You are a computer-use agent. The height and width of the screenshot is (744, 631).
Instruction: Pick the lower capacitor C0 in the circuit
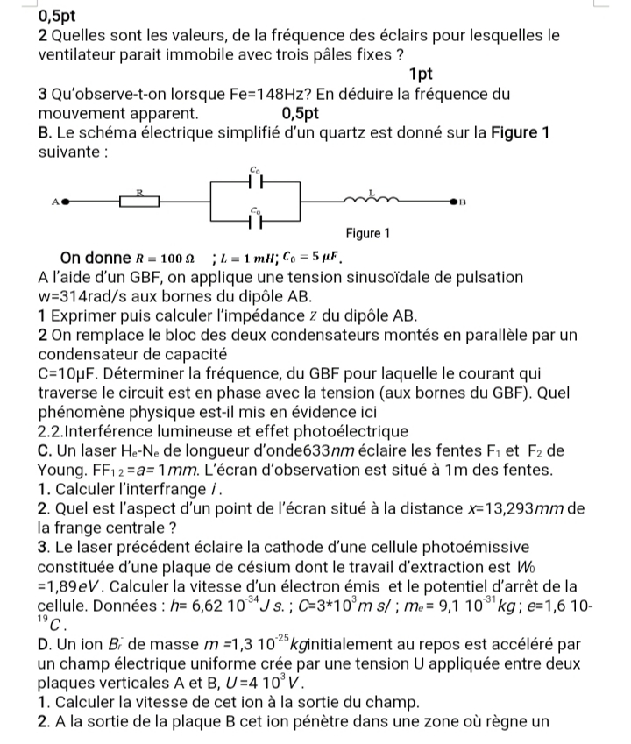point(254,221)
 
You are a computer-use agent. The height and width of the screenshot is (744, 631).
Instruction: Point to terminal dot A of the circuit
point(63,200)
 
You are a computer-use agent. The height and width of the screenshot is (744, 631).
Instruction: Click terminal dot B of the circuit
point(454,201)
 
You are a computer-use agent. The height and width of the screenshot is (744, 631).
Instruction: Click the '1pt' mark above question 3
point(422,74)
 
